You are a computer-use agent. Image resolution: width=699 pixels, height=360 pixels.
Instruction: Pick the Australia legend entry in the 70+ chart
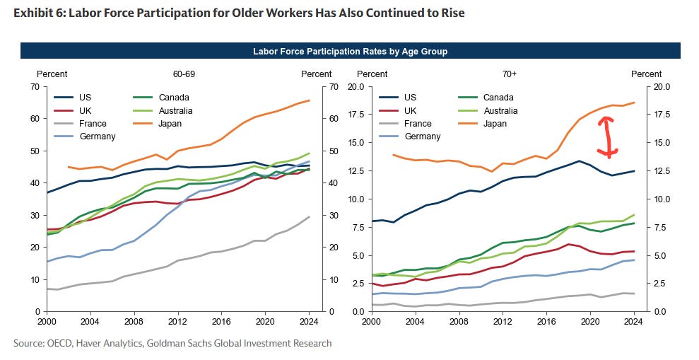(x=501, y=110)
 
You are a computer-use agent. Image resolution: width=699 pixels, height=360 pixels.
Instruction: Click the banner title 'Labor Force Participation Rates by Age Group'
(x=350, y=51)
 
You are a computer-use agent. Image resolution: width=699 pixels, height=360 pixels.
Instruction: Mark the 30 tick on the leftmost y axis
(x=33, y=215)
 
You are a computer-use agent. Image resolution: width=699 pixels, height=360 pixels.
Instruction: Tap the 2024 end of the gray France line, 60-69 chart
(x=310, y=216)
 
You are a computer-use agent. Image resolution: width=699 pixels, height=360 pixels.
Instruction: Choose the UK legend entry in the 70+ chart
(x=411, y=110)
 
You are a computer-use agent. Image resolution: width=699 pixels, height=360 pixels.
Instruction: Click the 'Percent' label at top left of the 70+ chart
(x=372, y=74)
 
